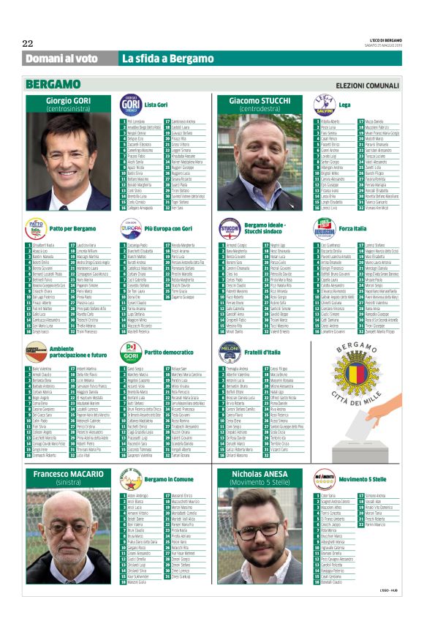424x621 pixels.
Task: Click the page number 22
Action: click(28, 42)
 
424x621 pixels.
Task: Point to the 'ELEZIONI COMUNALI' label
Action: click(367, 86)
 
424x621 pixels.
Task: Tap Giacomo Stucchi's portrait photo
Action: click(261, 162)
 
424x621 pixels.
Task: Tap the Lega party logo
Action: click(324, 105)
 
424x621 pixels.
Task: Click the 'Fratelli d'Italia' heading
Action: click(265, 352)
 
